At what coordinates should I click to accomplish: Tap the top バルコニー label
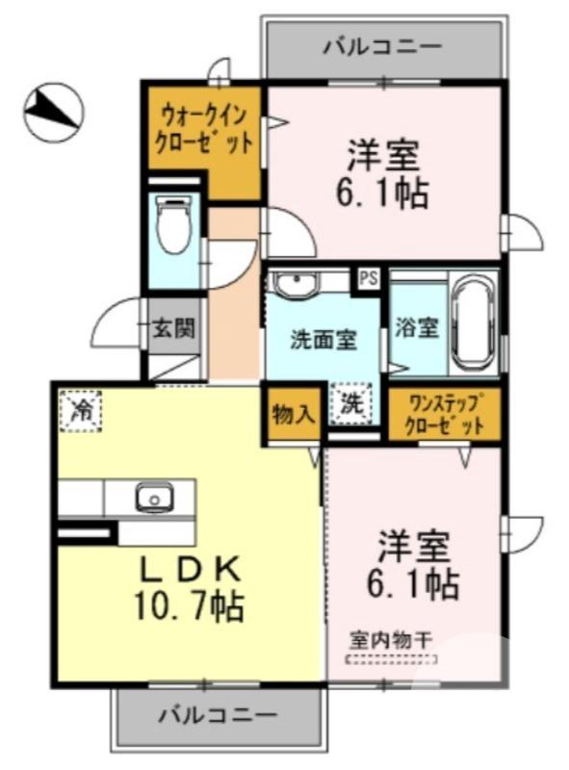pyautogui.click(x=382, y=45)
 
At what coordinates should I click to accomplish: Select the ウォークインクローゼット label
pyautogui.click(x=204, y=133)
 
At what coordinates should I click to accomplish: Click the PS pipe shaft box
pyautogui.click(x=368, y=278)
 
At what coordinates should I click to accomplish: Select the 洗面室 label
pyautogui.click(x=324, y=339)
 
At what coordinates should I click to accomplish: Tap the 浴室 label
pyautogui.click(x=416, y=327)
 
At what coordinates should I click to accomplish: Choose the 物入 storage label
pyautogui.click(x=293, y=414)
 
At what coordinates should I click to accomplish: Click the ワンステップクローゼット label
pyautogui.click(x=445, y=415)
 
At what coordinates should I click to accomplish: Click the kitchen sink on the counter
pyautogui.click(x=151, y=499)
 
